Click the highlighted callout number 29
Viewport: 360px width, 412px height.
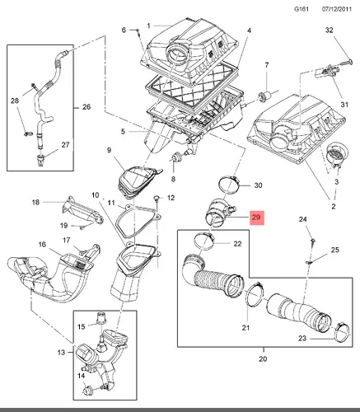pos(256,218)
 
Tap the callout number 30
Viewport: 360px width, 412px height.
pos(258,185)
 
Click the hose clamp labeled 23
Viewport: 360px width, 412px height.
pos(342,332)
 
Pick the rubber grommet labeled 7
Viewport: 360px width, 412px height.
pos(263,96)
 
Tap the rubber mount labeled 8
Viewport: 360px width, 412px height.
pos(175,157)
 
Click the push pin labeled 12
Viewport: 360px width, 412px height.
pos(157,199)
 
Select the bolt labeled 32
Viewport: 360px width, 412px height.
pos(347,63)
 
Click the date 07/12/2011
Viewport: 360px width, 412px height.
pos(337,9)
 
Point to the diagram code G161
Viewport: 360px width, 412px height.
pos(302,9)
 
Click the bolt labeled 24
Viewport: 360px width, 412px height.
pos(313,242)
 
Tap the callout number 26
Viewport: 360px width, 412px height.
pos(86,107)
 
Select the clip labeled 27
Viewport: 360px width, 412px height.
pos(40,160)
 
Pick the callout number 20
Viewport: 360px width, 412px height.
pos(263,358)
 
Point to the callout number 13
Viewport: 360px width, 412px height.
pos(61,352)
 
